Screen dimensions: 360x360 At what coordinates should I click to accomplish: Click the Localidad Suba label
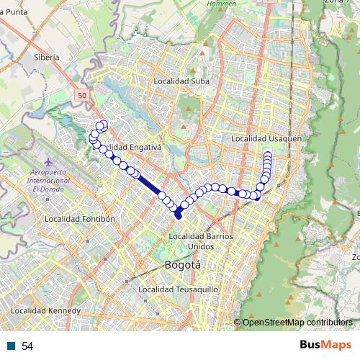[181, 81]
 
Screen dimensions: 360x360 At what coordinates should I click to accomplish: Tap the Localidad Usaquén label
[265, 138]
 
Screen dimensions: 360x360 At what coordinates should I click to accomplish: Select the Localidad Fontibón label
[80, 218]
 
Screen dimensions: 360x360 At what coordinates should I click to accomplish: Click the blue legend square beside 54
[10, 346]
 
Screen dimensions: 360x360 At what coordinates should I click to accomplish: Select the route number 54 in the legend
[27, 346]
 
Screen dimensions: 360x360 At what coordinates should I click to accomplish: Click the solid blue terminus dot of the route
[178, 215]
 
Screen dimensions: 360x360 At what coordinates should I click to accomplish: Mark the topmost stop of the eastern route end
[268, 155]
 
